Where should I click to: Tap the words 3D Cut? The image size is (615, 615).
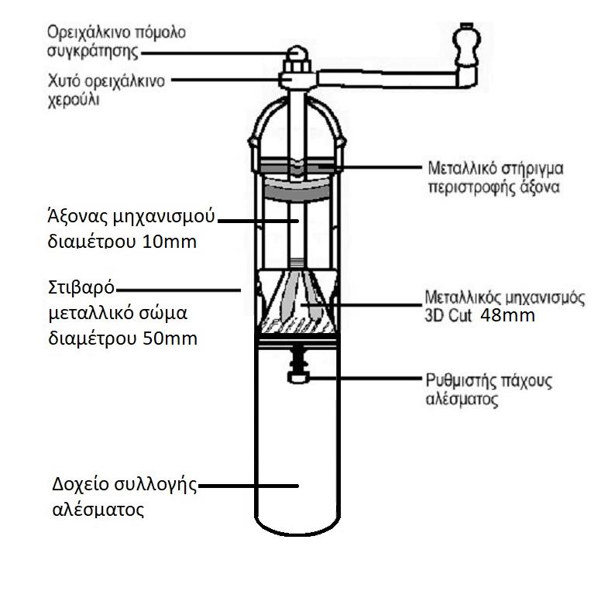(x=449, y=315)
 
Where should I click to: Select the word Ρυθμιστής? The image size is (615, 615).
(x=460, y=381)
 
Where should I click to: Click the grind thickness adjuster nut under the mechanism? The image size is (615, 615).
(x=298, y=377)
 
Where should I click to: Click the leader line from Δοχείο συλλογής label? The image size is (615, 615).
(x=248, y=487)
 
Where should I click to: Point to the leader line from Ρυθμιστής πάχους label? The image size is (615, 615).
(x=364, y=377)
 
